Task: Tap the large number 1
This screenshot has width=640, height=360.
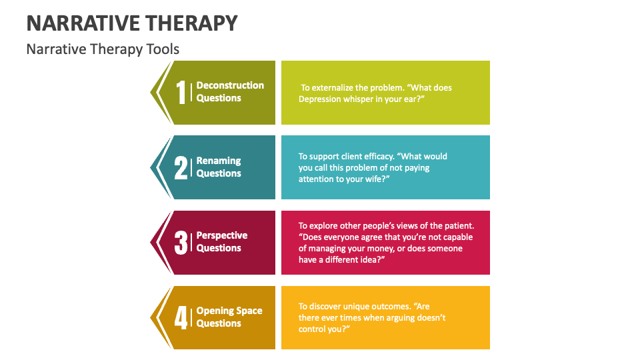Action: click(181, 92)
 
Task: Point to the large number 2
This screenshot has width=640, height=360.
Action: click(181, 167)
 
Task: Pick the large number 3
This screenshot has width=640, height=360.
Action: click(181, 243)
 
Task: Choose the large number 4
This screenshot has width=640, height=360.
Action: click(181, 317)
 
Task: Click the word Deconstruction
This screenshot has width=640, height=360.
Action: click(230, 85)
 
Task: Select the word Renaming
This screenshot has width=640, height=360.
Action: click(219, 161)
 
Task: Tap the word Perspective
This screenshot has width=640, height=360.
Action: click(222, 235)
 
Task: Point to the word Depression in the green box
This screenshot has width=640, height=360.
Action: click(318, 99)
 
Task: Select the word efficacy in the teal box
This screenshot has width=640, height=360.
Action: click(379, 157)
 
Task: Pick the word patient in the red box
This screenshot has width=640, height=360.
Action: click(459, 226)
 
